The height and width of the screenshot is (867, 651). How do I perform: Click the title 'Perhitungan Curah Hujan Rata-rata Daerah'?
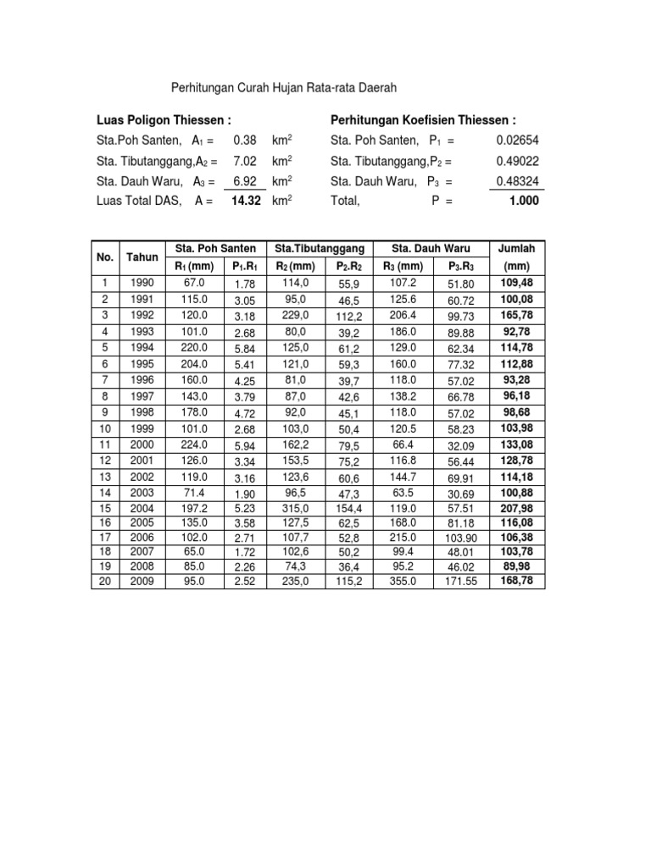tap(284, 87)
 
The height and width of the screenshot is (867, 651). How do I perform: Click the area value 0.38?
tap(244, 141)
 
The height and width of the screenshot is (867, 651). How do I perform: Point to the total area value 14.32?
tap(243, 201)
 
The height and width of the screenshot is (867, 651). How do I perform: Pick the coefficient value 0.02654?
tap(518, 141)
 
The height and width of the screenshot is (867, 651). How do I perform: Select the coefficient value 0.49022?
tap(518, 161)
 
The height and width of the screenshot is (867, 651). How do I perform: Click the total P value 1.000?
tap(523, 201)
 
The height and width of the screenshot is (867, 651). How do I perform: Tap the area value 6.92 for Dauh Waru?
tap(244, 181)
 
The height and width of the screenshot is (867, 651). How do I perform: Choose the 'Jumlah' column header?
tap(515, 249)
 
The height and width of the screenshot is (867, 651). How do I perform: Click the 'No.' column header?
tap(105, 257)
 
